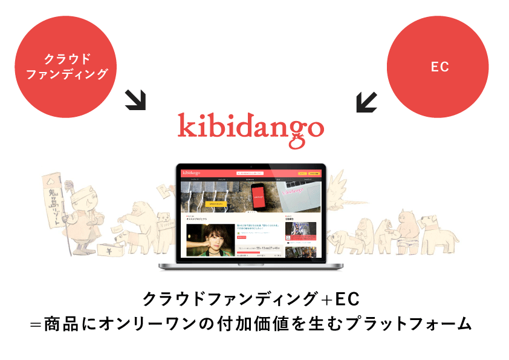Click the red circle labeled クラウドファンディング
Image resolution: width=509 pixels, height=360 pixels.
[66, 67]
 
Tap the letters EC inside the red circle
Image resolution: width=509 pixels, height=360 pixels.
[439, 67]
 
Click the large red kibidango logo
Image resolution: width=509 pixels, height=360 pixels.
[250, 129]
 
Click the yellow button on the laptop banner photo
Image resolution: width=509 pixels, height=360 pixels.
[216, 205]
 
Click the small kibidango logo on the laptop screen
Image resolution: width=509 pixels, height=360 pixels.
[192, 173]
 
